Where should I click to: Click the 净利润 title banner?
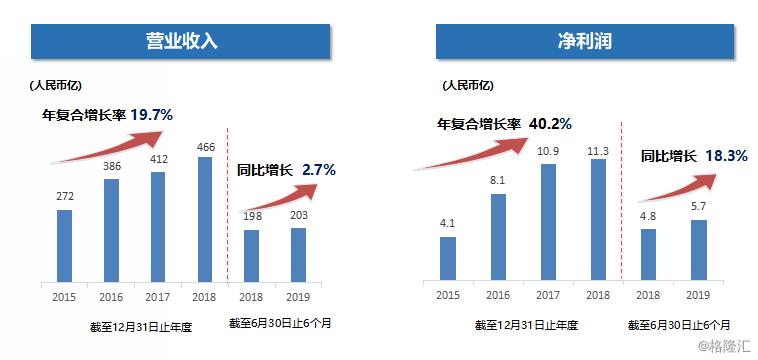click(585, 42)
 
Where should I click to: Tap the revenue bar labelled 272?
click(64, 245)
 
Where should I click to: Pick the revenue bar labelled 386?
click(111, 230)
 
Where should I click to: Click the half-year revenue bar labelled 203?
click(297, 255)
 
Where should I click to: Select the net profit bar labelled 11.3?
click(598, 220)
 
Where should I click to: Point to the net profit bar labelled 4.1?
click(448, 259)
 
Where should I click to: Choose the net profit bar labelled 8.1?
click(497, 237)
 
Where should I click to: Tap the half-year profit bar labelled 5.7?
click(698, 250)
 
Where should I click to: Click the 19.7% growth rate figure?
click(151, 114)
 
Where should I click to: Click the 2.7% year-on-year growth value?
click(318, 169)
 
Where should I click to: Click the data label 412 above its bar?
click(159, 160)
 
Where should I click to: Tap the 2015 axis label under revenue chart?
click(64, 296)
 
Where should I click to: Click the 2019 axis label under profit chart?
click(698, 296)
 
